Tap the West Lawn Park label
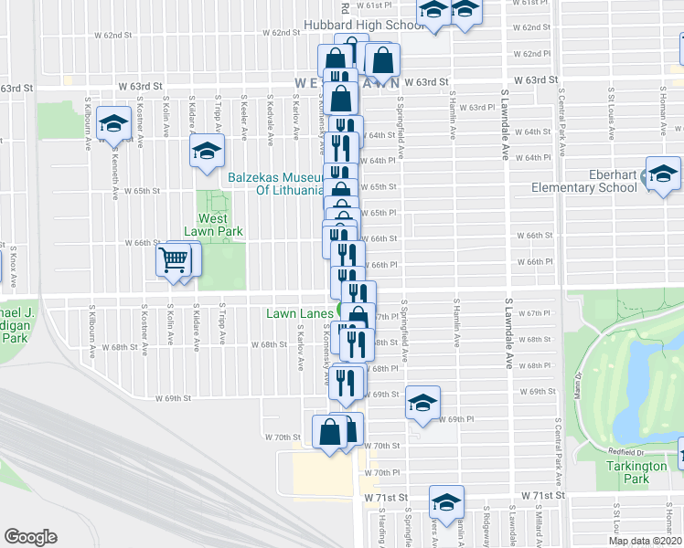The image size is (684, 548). pos(220,225)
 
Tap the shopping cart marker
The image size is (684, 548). pos(174,261)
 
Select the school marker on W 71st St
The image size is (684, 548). pos(446,502)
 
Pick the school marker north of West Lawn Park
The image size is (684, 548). pos(207,149)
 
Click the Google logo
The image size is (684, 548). pos(30,536)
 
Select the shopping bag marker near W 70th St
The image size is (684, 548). pos(331,431)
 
